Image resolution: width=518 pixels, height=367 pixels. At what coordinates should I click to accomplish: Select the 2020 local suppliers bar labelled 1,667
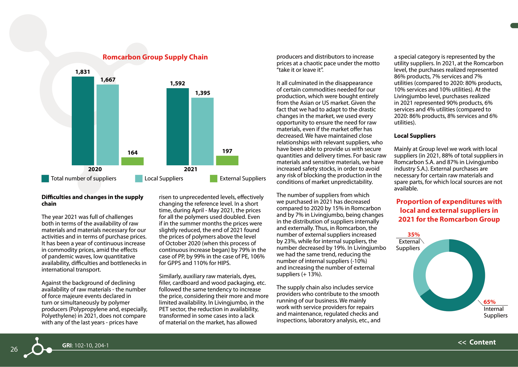point(107,125)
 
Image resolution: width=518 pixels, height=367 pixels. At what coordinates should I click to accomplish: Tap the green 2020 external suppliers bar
point(132,161)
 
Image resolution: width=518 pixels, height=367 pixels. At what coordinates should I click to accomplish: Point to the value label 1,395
point(203,93)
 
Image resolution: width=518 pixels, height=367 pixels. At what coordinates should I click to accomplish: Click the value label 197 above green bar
point(227,151)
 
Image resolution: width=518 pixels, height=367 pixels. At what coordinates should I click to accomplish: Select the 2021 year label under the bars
point(190,169)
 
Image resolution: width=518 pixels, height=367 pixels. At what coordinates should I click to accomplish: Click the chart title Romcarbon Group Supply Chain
point(155,57)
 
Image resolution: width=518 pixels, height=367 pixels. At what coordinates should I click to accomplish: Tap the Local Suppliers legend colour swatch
point(139,179)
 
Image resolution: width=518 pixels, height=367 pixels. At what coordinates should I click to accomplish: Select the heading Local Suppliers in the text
point(415,136)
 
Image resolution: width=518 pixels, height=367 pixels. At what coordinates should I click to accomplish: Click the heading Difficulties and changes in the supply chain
point(92,200)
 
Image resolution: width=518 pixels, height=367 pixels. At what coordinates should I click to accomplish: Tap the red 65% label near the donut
point(489,302)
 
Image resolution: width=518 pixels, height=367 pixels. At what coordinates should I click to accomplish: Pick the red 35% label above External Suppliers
point(413,235)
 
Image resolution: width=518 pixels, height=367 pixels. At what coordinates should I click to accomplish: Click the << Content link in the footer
point(477,342)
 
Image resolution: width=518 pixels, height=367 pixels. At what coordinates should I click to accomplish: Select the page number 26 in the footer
point(14,349)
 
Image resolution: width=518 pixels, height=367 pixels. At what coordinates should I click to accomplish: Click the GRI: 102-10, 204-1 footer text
point(85,345)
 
